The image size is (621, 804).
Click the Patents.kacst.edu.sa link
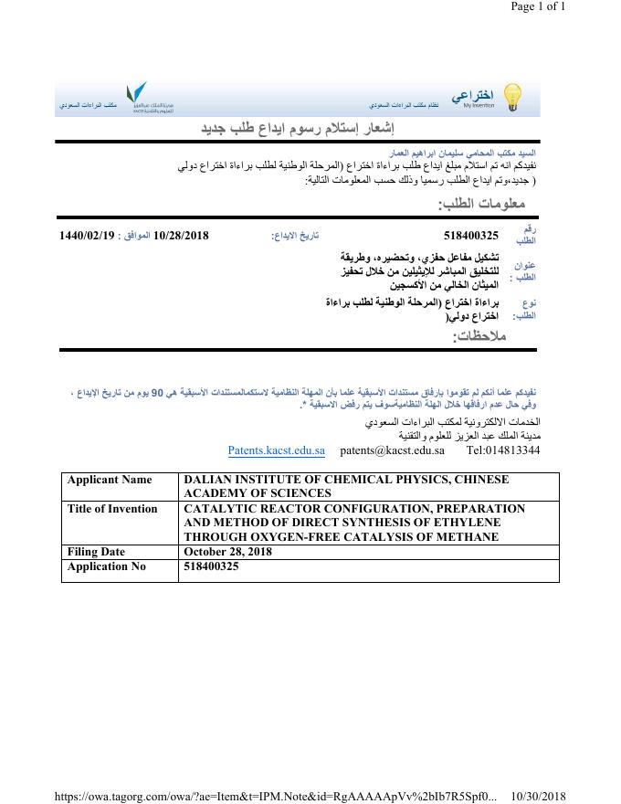pyautogui.click(x=276, y=450)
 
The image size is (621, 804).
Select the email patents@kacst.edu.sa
pyautogui.click(x=392, y=450)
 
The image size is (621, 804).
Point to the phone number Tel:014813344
pyautogui.click(x=502, y=450)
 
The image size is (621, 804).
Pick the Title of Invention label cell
pyautogui.click(x=112, y=509)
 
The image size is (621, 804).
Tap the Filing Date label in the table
pyautogui.click(x=96, y=552)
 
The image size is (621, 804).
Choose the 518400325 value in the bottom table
pyautogui.click(x=211, y=566)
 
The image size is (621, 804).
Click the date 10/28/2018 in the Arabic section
pyautogui.click(x=182, y=235)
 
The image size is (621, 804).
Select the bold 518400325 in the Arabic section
pyautogui.click(x=470, y=235)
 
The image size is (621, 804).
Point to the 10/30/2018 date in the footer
pyautogui.click(x=539, y=796)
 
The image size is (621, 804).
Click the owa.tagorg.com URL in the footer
pyautogui.click(x=275, y=796)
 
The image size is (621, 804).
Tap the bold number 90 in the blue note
pyautogui.click(x=156, y=392)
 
